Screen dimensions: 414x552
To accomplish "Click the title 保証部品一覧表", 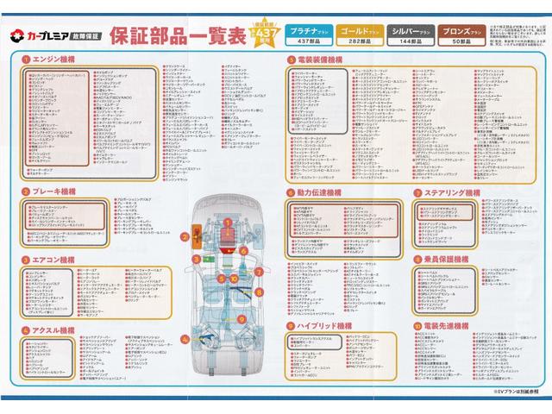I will (178, 35).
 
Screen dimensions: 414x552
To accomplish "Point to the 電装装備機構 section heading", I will (323, 60).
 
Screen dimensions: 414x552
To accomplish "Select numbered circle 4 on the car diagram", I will (185, 338).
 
